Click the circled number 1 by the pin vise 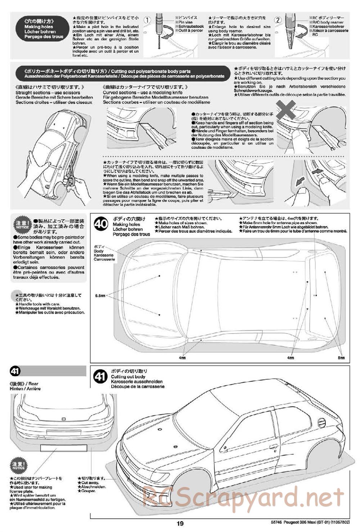coord(147,20)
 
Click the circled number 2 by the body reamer coord(278,20)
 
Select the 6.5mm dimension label coord(100,295)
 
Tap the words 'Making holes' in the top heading coord(39,27)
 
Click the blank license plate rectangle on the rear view coord(64,448)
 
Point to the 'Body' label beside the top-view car coord(98,251)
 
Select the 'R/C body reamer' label coord(326,22)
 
